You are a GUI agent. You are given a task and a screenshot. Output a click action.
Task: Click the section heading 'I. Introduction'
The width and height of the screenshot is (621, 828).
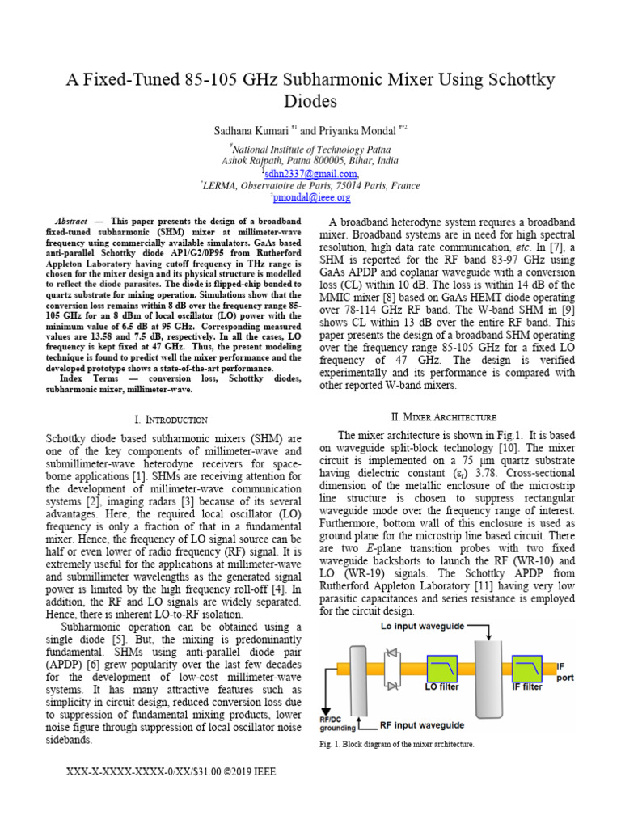pyautogui.click(x=171, y=420)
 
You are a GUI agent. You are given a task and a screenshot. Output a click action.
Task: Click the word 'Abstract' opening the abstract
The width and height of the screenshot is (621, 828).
pyautogui.click(x=70, y=222)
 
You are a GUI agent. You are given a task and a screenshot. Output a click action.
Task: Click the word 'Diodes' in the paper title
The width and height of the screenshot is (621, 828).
pyautogui.click(x=310, y=101)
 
